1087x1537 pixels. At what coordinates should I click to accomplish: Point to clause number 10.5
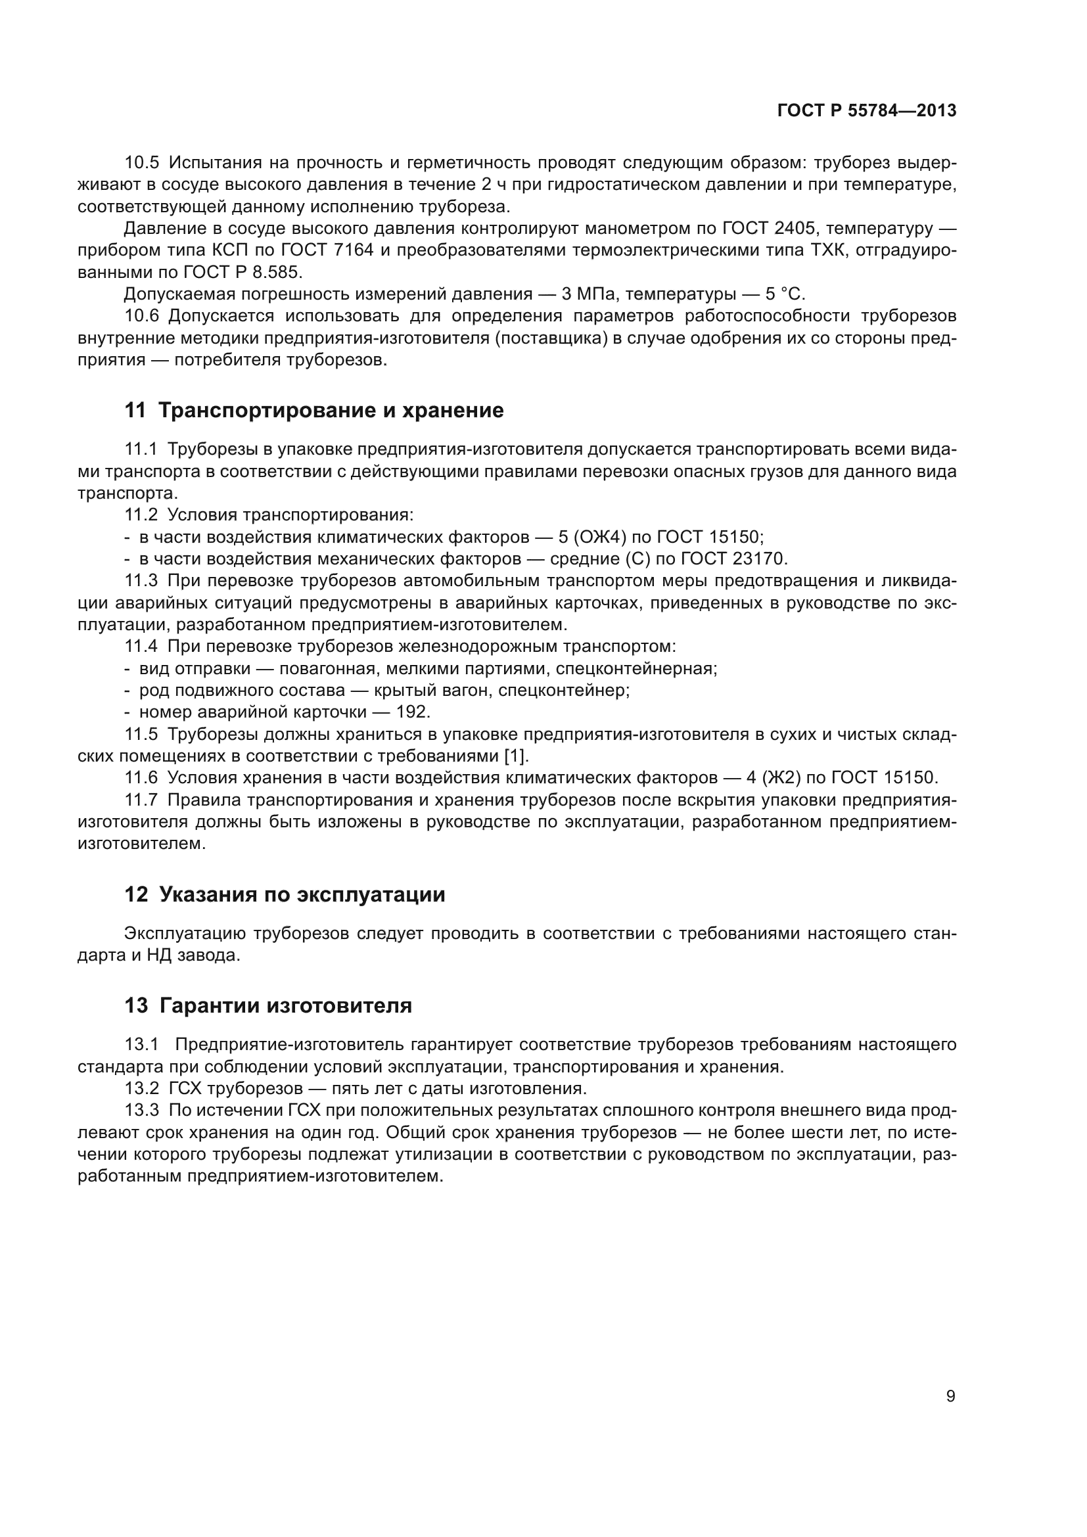coord(142,163)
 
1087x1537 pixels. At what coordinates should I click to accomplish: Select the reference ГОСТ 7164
coord(327,250)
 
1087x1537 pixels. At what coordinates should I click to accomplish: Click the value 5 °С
coord(785,294)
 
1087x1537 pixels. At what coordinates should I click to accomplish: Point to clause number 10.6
coord(142,316)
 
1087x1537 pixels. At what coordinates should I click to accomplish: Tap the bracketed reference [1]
coord(516,756)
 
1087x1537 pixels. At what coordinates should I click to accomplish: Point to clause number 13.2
coord(142,1088)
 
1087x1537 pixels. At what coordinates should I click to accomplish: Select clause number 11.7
coord(142,799)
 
